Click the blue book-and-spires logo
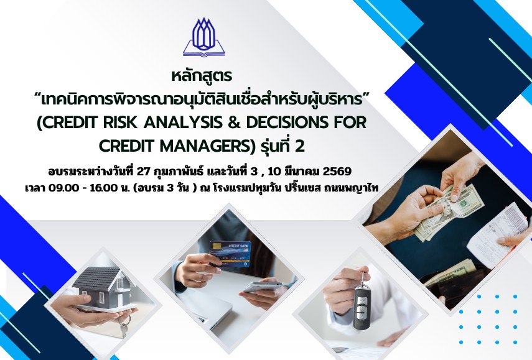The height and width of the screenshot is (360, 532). [x=204, y=37]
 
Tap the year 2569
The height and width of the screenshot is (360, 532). [x=337, y=172]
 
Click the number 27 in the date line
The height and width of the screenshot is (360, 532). [x=143, y=172]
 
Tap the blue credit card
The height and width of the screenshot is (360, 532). [x=230, y=253]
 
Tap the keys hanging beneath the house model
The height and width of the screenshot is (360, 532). [x=124, y=325]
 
